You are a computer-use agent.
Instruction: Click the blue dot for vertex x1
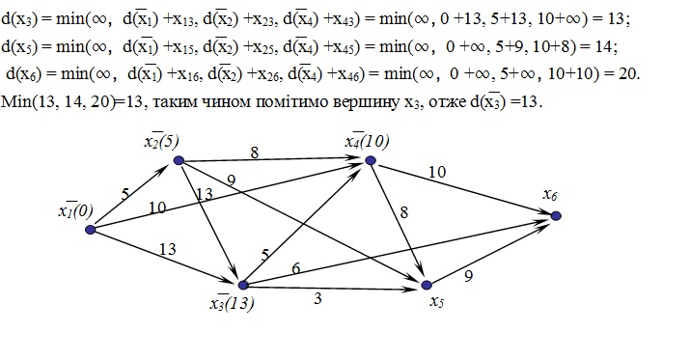pyautogui.click(x=90, y=230)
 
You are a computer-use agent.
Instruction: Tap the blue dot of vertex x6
pyautogui.click(x=556, y=215)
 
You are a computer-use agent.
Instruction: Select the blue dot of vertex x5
pyautogui.click(x=427, y=285)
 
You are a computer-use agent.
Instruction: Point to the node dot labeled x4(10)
pyautogui.click(x=371, y=160)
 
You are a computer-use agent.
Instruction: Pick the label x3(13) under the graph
pyautogui.click(x=232, y=304)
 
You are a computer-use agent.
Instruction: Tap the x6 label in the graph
pyautogui.click(x=550, y=194)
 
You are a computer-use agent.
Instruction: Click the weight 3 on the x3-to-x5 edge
pyautogui.click(x=317, y=298)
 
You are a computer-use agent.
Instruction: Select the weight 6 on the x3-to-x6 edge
pyautogui.click(x=295, y=267)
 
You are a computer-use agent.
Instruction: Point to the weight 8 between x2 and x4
pyautogui.click(x=255, y=152)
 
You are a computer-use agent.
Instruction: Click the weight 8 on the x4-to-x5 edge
pyautogui.click(x=404, y=212)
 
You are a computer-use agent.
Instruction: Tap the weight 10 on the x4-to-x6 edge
pyautogui.click(x=437, y=172)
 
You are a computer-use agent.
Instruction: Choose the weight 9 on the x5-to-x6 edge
pyautogui.click(x=469, y=276)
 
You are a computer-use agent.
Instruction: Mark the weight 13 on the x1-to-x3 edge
pyautogui.click(x=168, y=249)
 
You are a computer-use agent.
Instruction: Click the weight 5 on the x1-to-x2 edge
pyautogui.click(x=125, y=194)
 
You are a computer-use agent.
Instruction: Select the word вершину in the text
pyautogui.click(x=365, y=101)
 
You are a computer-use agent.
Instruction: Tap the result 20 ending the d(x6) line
pyautogui.click(x=629, y=74)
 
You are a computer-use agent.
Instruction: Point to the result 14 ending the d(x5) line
pyautogui.click(x=606, y=46)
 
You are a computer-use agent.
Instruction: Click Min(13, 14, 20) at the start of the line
pyautogui.click(x=59, y=102)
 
